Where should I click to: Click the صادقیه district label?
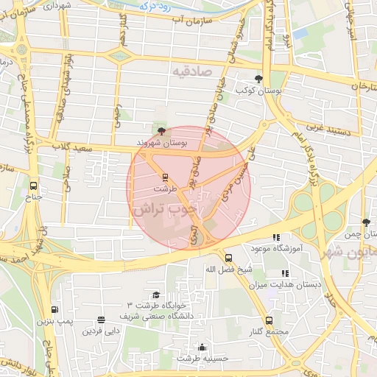tap(192, 72)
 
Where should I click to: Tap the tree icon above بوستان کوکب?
tap(258, 79)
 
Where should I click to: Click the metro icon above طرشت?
tap(165, 177)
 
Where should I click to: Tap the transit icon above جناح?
tap(34, 186)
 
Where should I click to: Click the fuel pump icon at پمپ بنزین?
tap(54, 309)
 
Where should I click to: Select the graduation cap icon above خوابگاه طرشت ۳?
tap(156, 295)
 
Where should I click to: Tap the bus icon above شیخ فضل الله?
tap(229, 258)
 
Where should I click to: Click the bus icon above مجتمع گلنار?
tap(269, 320)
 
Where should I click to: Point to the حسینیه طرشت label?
tap(203, 358)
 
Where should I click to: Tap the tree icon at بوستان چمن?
tap(366, 222)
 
